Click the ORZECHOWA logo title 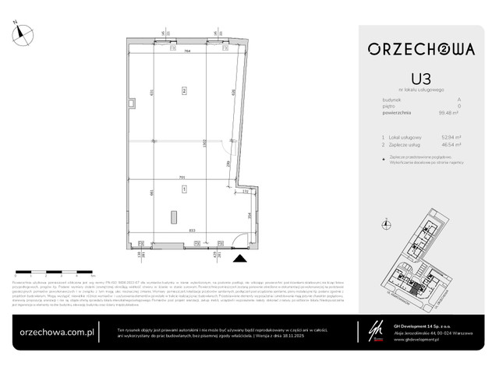click(421, 49)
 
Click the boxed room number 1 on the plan click(183, 189)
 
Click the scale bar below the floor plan click(55, 274)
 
